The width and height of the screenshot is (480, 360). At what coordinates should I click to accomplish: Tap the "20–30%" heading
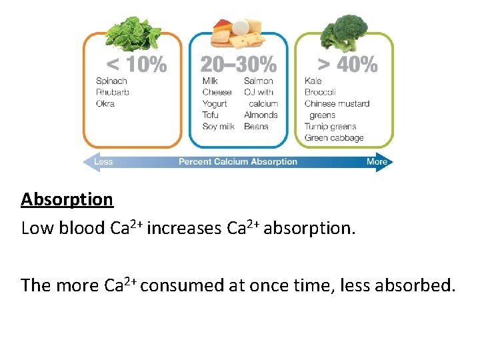point(238,65)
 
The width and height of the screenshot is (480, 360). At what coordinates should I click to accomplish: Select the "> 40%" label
point(347,65)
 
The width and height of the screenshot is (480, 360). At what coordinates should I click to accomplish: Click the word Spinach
point(111,81)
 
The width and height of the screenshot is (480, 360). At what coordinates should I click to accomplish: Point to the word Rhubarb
point(113,93)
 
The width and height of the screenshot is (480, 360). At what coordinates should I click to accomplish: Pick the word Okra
point(105,104)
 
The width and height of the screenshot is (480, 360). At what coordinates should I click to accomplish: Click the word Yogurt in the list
point(215,104)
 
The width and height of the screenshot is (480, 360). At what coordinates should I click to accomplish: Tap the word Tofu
point(210,115)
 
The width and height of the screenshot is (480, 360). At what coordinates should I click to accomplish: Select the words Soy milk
point(218,127)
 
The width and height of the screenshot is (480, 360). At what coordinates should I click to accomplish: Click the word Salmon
point(259,81)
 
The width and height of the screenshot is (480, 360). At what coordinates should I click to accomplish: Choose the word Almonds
point(261,115)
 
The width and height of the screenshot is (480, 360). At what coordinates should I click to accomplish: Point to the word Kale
point(313,81)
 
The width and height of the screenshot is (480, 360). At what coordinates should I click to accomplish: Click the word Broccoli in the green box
point(320,93)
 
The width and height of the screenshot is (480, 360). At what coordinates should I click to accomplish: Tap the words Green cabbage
point(334,138)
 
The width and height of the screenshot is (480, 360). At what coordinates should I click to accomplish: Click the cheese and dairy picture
point(238,31)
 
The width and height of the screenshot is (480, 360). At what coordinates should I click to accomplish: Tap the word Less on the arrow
point(103,162)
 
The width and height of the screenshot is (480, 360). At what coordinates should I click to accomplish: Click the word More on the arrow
point(377,162)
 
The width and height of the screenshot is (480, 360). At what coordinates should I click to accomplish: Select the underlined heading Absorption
point(67,199)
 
